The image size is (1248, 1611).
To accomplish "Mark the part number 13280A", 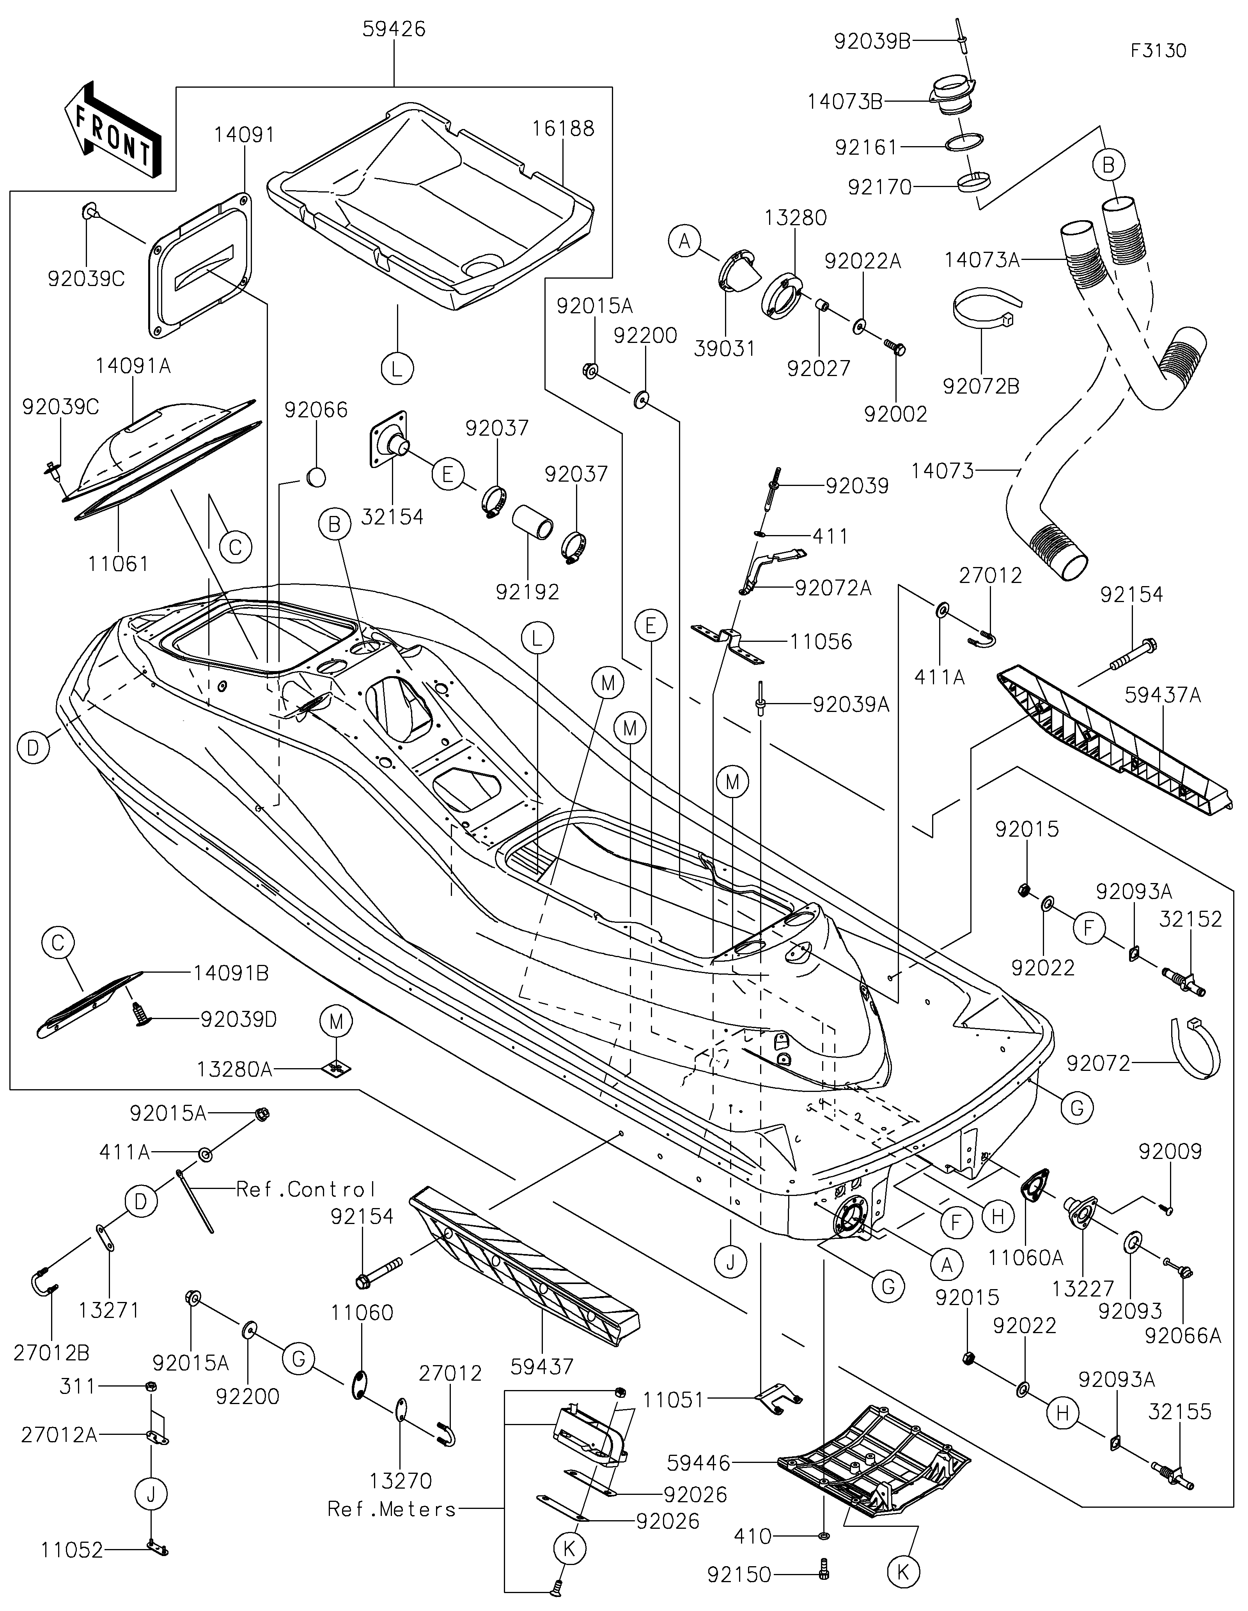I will point(234,1069).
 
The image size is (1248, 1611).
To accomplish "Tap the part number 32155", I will point(1179,1412).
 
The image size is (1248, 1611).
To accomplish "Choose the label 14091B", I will point(231,974).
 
